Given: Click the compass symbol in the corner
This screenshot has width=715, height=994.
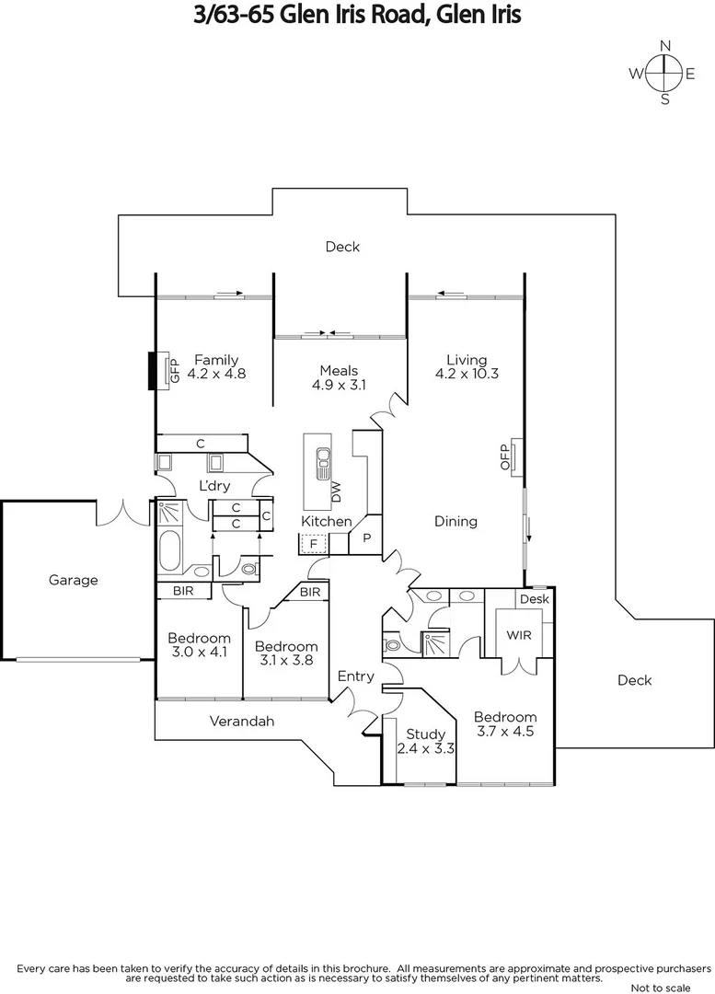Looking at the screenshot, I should pyautogui.click(x=663, y=73).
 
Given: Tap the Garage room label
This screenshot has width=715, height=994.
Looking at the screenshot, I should pyautogui.click(x=73, y=580).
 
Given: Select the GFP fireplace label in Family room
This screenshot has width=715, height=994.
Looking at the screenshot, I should pyautogui.click(x=171, y=371).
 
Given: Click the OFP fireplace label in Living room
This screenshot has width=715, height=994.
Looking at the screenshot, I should pyautogui.click(x=504, y=458).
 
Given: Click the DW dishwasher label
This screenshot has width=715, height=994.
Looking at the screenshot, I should pyautogui.click(x=336, y=492).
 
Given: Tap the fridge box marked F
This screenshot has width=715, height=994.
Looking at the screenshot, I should pyautogui.click(x=313, y=544).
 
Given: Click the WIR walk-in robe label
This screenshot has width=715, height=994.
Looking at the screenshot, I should pyautogui.click(x=519, y=635).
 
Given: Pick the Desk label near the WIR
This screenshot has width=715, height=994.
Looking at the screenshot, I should pyautogui.click(x=534, y=599).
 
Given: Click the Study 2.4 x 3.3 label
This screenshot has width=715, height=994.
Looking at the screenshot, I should pyautogui.click(x=426, y=742).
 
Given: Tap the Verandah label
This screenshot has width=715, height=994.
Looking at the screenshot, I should pyautogui.click(x=242, y=721).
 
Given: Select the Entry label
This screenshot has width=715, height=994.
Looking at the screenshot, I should pyautogui.click(x=356, y=676).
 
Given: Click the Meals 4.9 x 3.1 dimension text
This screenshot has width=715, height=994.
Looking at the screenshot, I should pyautogui.click(x=339, y=387).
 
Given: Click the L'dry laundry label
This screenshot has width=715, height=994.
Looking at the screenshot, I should pyautogui.click(x=214, y=486).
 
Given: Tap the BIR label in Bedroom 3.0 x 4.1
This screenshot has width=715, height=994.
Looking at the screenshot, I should pyautogui.click(x=183, y=591).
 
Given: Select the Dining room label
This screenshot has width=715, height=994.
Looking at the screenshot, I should pyautogui.click(x=456, y=521).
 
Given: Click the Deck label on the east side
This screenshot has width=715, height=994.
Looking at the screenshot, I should pyautogui.click(x=634, y=680).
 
